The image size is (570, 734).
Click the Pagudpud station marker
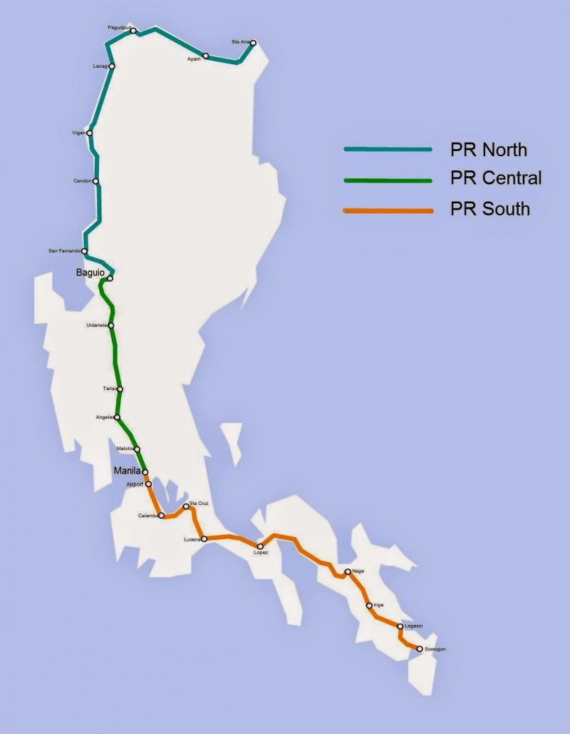(133, 31)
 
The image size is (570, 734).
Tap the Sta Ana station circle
(253, 43)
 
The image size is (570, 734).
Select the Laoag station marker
(112, 66)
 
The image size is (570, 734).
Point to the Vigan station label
(78, 133)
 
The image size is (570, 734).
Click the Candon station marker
(95, 181)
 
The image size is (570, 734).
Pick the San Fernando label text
(64, 251)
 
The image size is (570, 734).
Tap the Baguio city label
(90, 273)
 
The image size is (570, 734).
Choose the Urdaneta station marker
(110, 325)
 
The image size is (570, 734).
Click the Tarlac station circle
(120, 389)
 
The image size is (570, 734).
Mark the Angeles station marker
(117, 417)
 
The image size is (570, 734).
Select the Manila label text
(128, 472)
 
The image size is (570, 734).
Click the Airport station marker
(148, 484)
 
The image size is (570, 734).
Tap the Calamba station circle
(162, 515)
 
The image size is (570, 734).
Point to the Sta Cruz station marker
(186, 506)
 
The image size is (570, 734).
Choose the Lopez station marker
(260, 546)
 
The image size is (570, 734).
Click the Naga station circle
(347, 571)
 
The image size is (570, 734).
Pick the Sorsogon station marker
(419, 648)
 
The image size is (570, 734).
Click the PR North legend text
(489, 150)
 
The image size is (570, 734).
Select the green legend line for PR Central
(388, 180)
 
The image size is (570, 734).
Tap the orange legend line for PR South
(388, 211)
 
